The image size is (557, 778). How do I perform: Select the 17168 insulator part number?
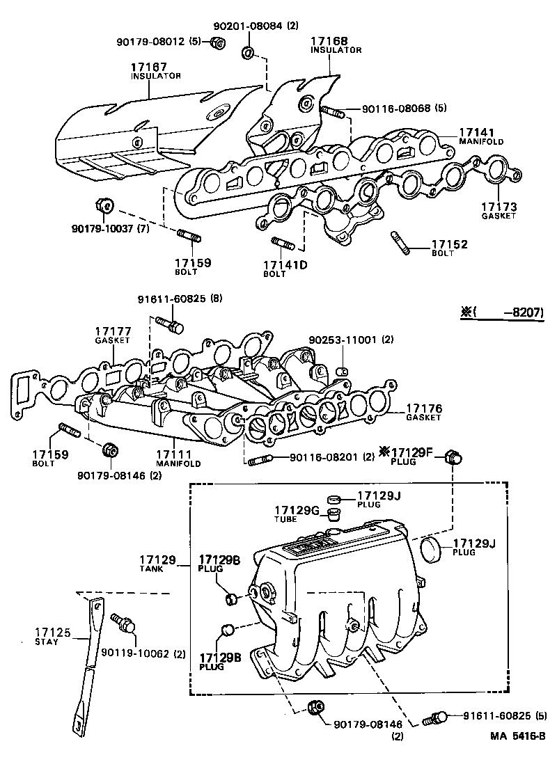coord(329,41)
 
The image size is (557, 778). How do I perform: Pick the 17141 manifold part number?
coord(476,132)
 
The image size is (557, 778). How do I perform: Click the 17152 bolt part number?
coord(449,244)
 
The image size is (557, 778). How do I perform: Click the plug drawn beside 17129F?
coord(456,457)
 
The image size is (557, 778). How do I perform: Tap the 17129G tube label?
coord(296,511)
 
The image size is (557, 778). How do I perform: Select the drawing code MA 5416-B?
coord(517,755)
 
